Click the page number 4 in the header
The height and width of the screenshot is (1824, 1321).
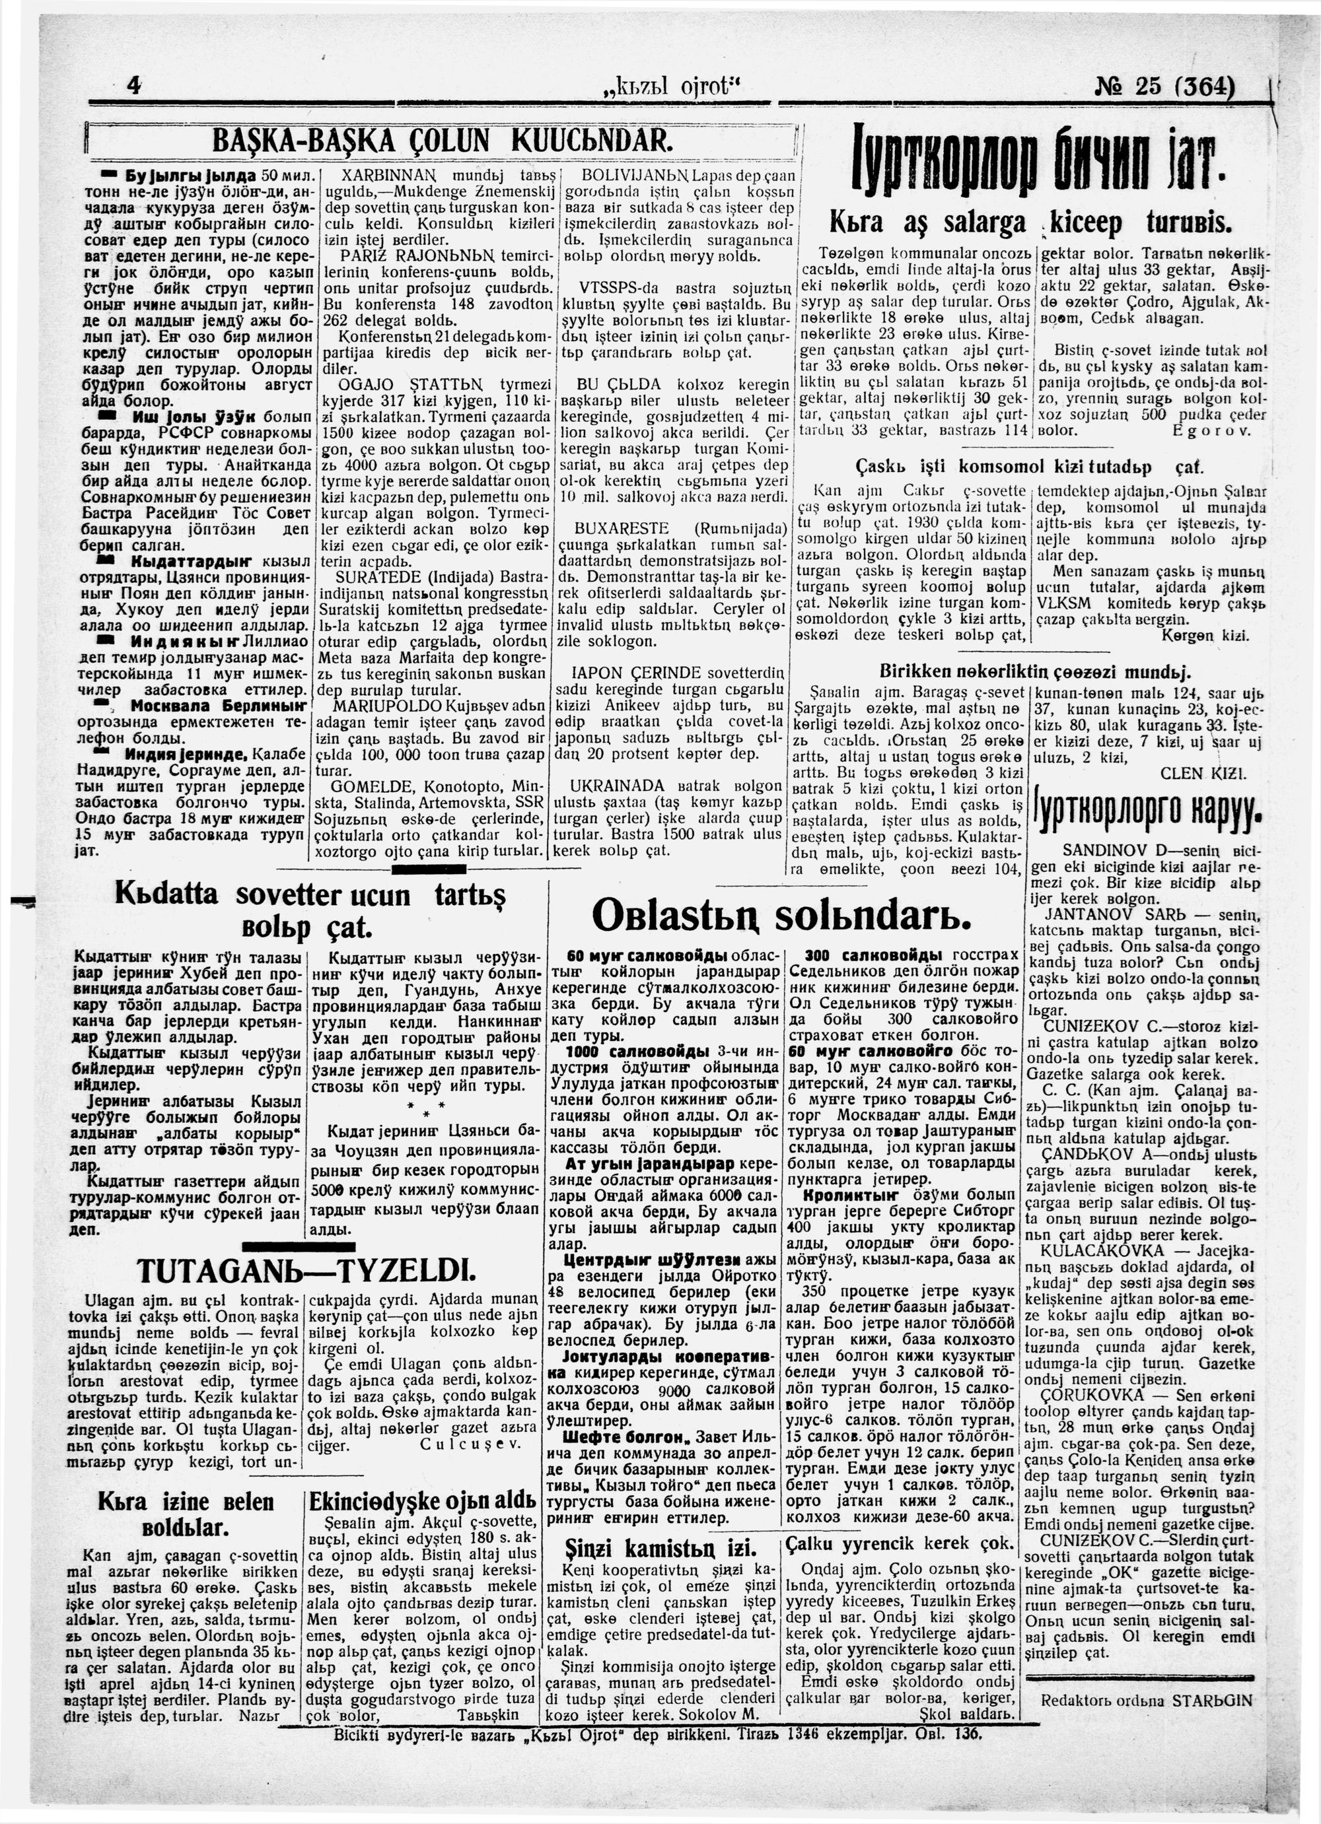tap(133, 86)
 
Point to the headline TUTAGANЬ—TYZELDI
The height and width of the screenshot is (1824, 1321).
tap(306, 1271)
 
